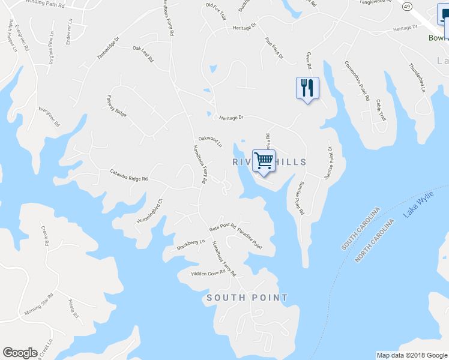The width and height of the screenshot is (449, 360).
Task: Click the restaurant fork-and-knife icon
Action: pos(307,89)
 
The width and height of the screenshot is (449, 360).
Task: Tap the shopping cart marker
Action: pos(264,161)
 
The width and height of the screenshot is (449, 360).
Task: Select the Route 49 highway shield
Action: pos(406,6)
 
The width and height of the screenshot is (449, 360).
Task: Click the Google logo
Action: pos(20,353)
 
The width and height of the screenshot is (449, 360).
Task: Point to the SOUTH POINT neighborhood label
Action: pos(247,298)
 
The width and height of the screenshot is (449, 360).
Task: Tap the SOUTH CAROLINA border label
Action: pos(361,229)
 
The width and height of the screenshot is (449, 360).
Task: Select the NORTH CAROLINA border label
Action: pos(375,241)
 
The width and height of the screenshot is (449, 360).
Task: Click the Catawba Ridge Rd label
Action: pos(128,175)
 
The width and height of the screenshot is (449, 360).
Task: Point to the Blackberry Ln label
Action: pos(191,245)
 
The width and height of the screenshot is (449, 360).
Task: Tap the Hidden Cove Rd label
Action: pos(208,273)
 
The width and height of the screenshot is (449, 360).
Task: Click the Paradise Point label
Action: pos(249,238)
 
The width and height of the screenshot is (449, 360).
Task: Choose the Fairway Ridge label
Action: pos(117,105)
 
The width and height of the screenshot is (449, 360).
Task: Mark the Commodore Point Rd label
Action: pos(357,80)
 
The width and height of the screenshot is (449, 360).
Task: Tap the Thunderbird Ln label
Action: pos(417,77)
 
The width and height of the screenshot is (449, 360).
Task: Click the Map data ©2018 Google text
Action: pos(412,355)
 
